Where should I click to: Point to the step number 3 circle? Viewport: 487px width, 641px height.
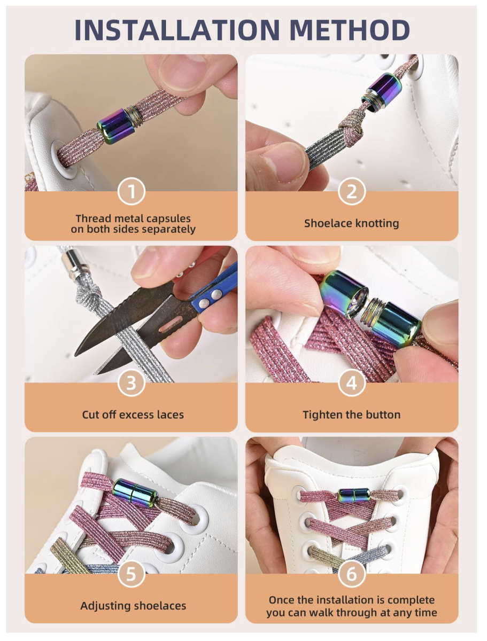point(131,383)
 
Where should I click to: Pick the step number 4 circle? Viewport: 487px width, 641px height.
point(352,383)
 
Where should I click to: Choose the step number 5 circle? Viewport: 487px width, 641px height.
point(131,575)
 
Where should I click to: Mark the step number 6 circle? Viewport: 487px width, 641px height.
point(352,575)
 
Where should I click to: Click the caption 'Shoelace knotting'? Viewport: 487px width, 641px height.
point(352,223)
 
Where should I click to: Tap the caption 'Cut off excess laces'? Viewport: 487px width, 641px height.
point(133,415)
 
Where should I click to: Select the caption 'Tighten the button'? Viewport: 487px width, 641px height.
point(352,415)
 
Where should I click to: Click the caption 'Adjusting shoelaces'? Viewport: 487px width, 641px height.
point(133,606)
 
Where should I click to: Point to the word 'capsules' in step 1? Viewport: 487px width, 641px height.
point(170,218)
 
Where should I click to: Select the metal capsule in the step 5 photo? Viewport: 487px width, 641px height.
point(135,491)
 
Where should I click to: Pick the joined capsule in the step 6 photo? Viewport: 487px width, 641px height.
point(353,495)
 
